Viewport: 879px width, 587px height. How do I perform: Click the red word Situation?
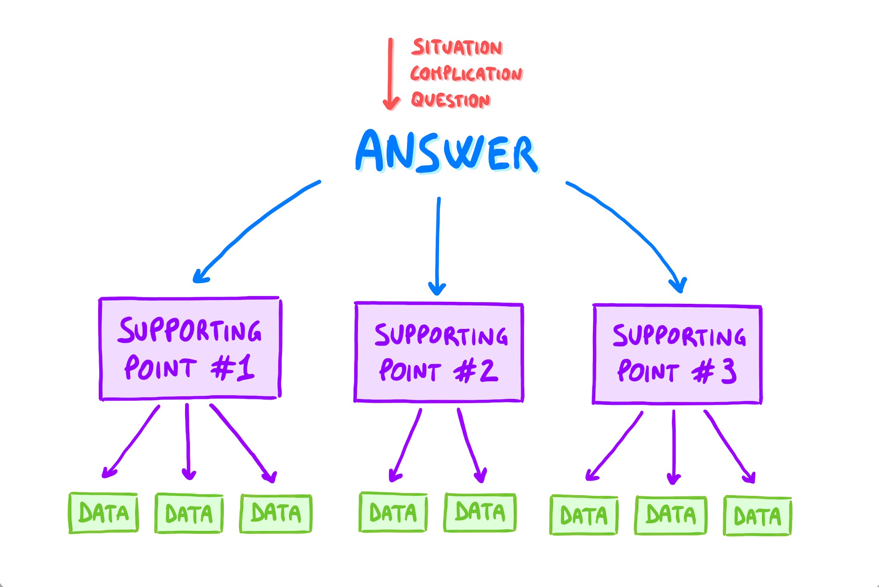click(457, 47)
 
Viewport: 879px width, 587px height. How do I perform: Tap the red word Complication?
click(466, 74)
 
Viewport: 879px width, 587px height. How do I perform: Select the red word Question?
click(450, 100)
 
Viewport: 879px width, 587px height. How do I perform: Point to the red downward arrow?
click(391, 73)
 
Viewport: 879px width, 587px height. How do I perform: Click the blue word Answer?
click(447, 152)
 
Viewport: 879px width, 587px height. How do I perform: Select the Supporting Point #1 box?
click(190, 349)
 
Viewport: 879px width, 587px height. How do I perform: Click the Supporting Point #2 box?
click(438, 352)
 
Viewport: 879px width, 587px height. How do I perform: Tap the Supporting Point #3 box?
click(677, 354)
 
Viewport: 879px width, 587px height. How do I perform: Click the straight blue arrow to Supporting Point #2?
click(438, 244)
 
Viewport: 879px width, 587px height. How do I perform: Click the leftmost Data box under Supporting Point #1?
click(104, 513)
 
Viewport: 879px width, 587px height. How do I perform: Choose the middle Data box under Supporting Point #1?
click(189, 514)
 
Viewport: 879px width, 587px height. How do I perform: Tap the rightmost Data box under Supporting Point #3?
click(757, 516)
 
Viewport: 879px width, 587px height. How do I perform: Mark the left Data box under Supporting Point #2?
click(393, 513)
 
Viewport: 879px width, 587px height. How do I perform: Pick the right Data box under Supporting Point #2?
click(480, 513)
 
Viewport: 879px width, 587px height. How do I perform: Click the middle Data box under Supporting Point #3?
click(670, 515)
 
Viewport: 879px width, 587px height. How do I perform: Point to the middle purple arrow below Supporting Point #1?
click(188, 442)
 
